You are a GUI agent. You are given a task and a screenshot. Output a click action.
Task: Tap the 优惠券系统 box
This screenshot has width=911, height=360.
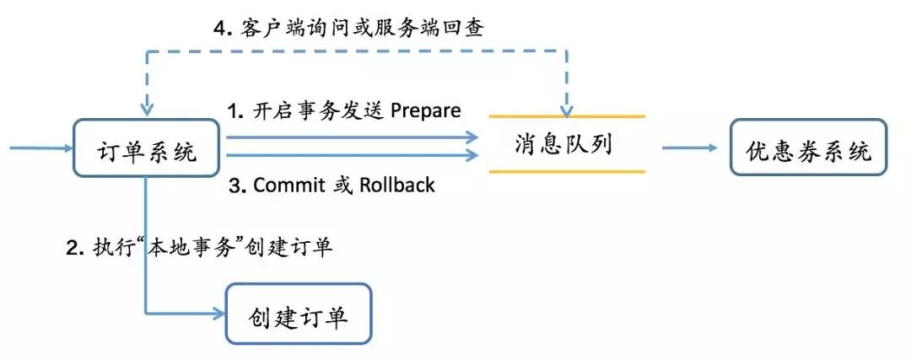808,150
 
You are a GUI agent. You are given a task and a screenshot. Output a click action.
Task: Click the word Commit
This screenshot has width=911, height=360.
288,185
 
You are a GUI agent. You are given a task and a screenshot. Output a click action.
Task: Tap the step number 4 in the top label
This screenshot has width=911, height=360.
222,27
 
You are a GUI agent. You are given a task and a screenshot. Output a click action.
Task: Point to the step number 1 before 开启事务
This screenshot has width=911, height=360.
234,111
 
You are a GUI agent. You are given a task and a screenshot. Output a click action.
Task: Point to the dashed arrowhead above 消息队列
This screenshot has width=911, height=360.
568,107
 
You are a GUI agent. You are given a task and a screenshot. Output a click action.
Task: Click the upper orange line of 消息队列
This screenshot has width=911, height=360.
567,116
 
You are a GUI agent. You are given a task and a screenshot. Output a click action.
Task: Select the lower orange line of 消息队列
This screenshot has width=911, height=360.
567,171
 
